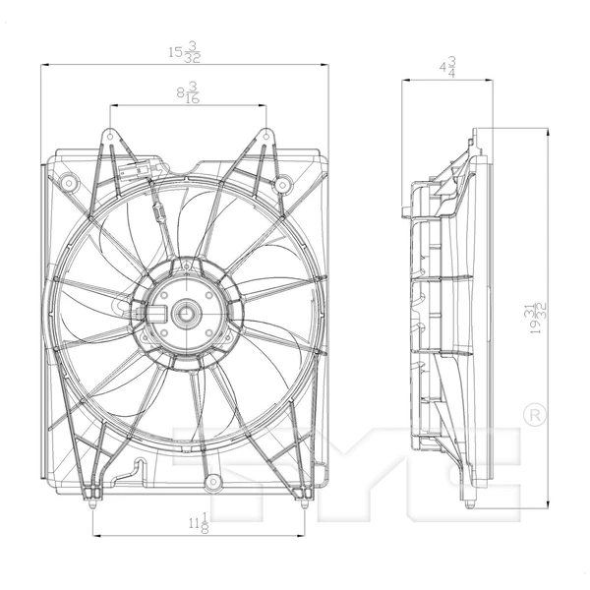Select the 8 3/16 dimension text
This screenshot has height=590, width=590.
tap(186, 93)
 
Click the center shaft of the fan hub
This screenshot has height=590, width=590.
tap(184, 314)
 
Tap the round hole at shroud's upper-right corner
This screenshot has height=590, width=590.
tap(282, 184)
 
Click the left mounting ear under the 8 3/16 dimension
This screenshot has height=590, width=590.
tap(109, 136)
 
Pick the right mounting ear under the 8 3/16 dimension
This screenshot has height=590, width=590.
tap(265, 136)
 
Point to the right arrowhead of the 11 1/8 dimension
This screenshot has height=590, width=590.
tap(304, 537)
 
